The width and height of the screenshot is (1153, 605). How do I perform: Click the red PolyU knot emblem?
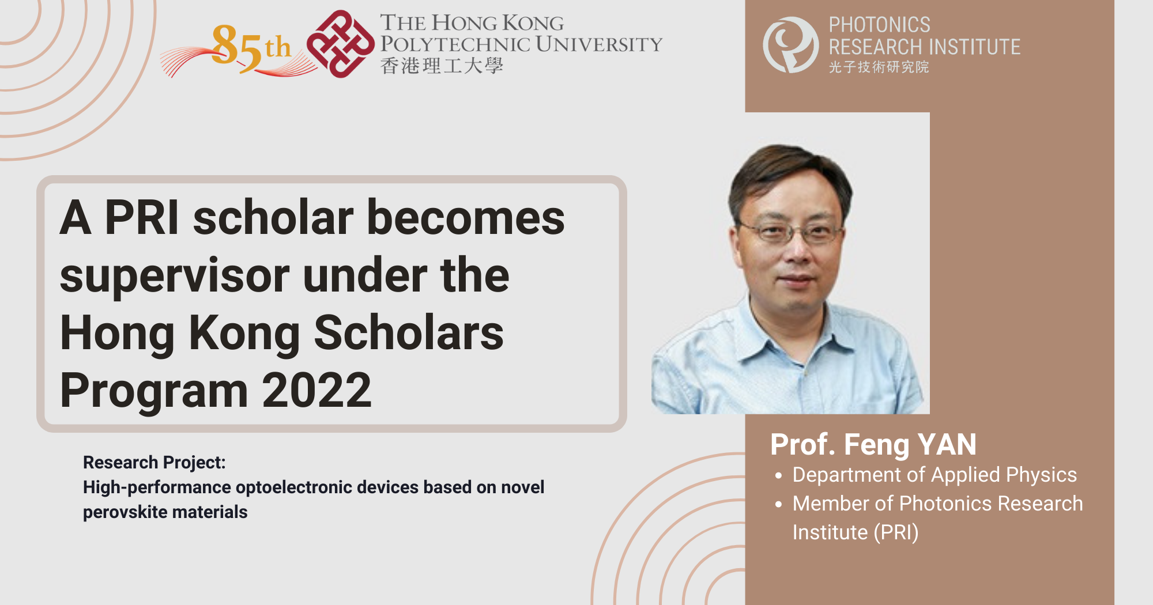(x=340, y=44)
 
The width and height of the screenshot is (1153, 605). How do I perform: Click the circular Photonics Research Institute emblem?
(x=790, y=45)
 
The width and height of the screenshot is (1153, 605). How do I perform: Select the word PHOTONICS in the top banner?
(x=879, y=25)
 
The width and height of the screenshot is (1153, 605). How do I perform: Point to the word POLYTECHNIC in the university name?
(x=455, y=44)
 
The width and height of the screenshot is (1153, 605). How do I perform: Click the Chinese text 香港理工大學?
(x=442, y=66)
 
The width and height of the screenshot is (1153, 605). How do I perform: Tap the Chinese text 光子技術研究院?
(x=879, y=67)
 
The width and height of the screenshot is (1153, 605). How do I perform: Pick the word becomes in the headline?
(x=466, y=218)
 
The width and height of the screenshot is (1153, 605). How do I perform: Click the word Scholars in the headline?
(x=409, y=333)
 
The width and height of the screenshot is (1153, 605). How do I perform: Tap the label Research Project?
(x=154, y=462)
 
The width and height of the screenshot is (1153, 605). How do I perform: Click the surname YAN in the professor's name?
(x=947, y=445)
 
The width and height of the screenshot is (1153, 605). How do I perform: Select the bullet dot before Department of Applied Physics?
(x=779, y=476)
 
